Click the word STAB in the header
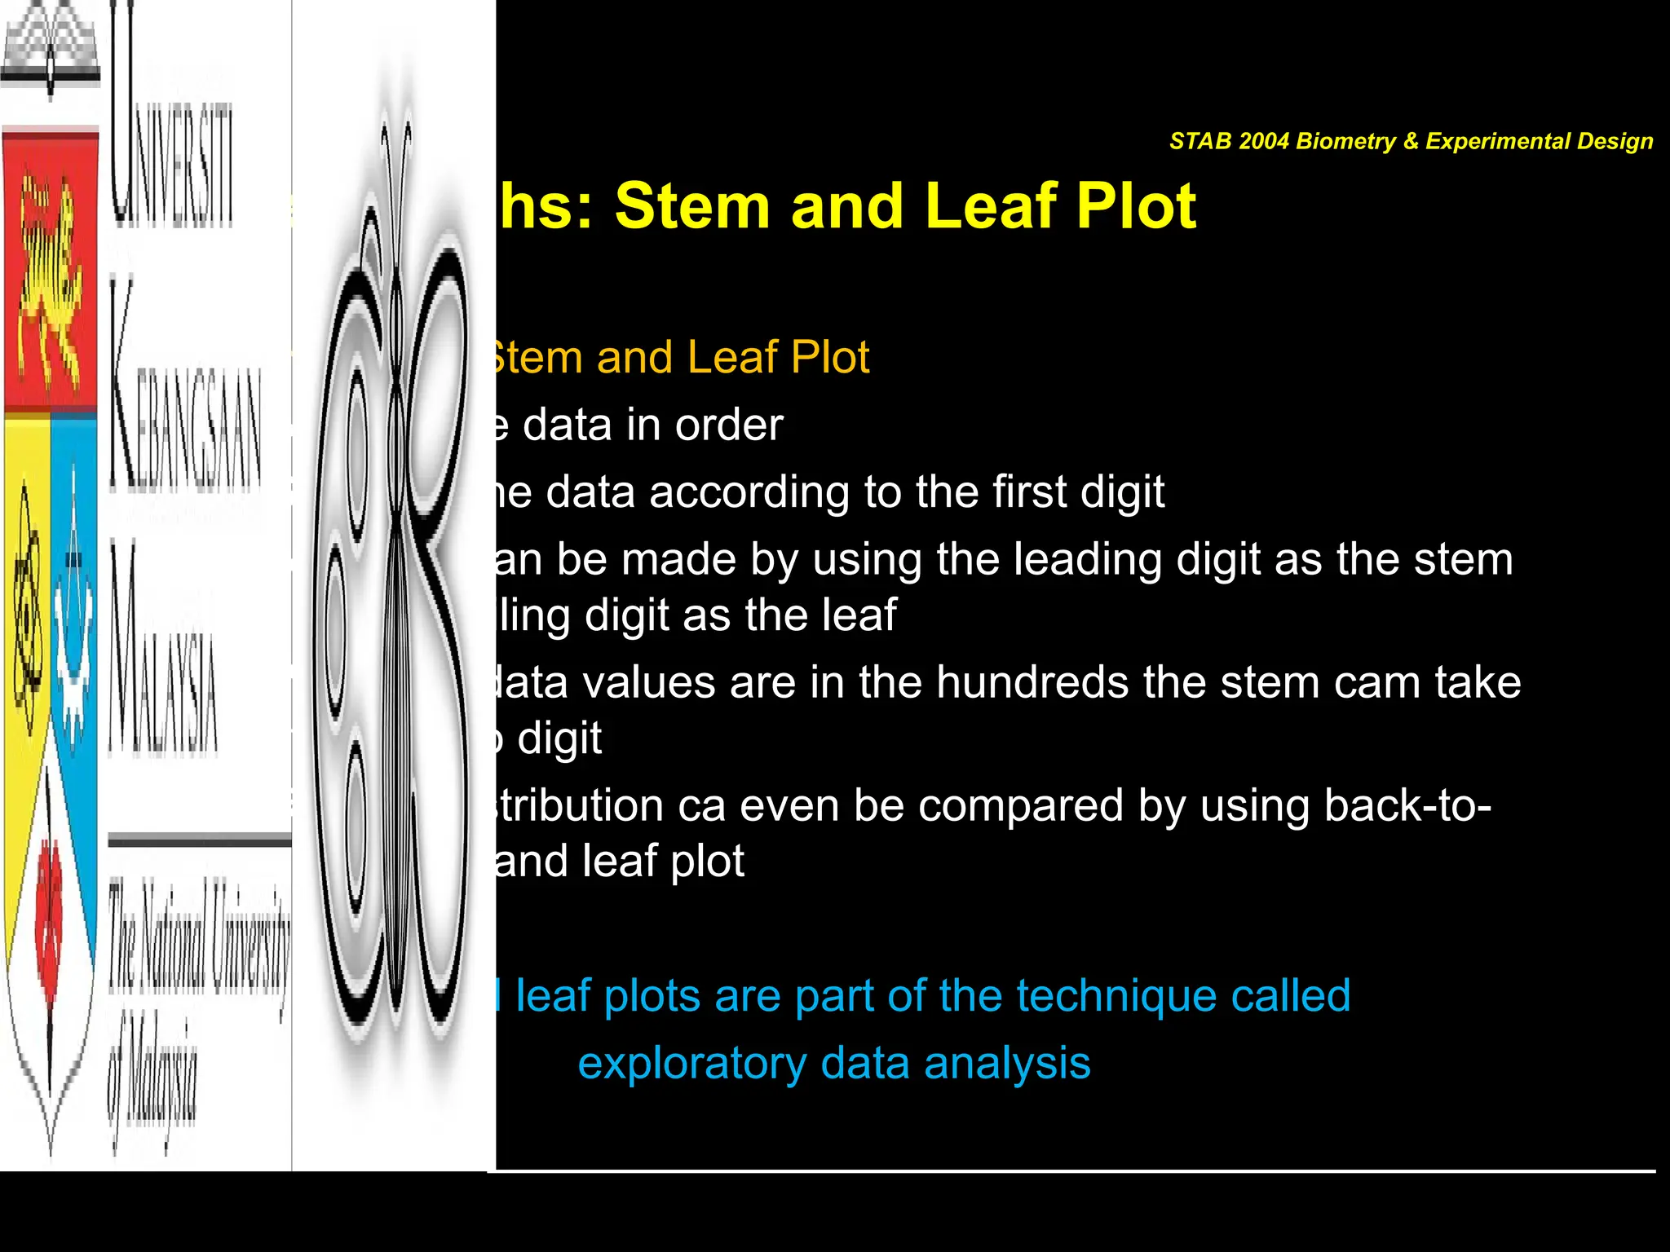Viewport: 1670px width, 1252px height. pyautogui.click(x=1200, y=142)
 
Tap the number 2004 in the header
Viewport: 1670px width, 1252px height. pyautogui.click(x=1264, y=142)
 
